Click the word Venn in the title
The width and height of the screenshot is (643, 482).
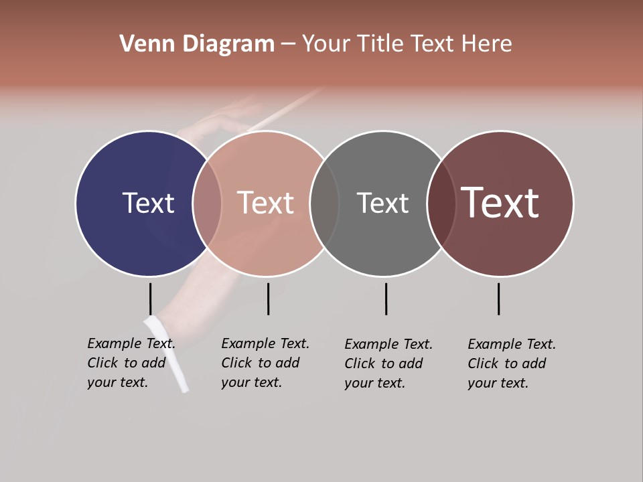pyautogui.click(x=143, y=44)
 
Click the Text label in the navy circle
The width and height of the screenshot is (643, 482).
pyautogui.click(x=148, y=203)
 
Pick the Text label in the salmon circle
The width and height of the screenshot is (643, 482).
pyautogui.click(x=265, y=203)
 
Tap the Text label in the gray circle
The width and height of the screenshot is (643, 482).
pyautogui.click(x=382, y=203)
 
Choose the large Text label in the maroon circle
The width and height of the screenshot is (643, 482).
pyautogui.click(x=500, y=203)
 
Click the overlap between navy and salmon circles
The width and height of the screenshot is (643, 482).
pyautogui.click(x=207, y=204)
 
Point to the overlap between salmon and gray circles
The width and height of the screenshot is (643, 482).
pyautogui.click(x=324, y=204)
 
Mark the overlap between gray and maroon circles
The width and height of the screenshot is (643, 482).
pyautogui.click(x=441, y=204)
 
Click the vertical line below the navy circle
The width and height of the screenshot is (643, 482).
pyautogui.click(x=150, y=299)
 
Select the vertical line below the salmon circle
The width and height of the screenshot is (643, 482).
pyautogui.click(x=268, y=299)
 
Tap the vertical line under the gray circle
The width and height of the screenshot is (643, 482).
pyautogui.click(x=386, y=299)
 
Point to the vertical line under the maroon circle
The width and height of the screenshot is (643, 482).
pyautogui.click(x=498, y=299)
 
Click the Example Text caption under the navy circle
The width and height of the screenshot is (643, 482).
pyautogui.click(x=131, y=363)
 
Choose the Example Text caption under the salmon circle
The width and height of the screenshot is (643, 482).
pyautogui.click(x=265, y=363)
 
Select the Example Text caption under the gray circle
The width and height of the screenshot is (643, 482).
pyautogui.click(x=388, y=364)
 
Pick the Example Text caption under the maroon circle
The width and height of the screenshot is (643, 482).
pyautogui.click(x=512, y=364)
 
